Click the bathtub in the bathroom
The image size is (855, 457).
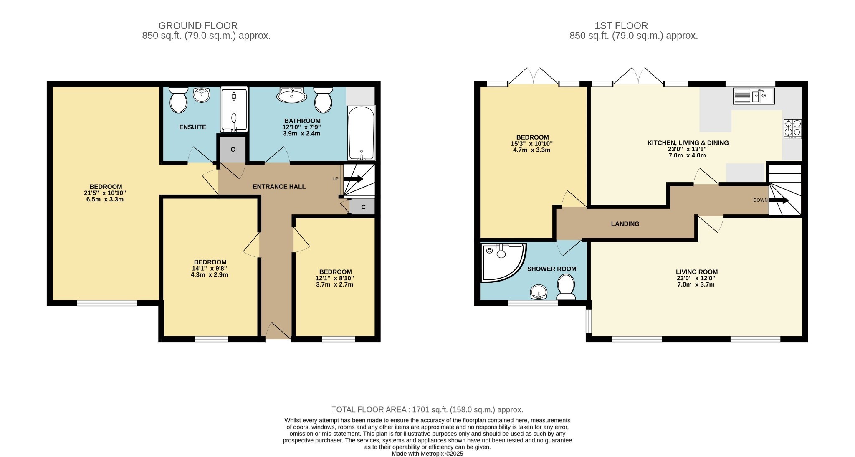coord(361,133)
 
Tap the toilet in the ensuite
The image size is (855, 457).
coord(179,99)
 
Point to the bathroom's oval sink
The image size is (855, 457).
coord(291,95)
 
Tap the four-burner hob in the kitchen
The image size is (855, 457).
coord(793,129)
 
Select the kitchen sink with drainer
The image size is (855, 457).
coord(754,96)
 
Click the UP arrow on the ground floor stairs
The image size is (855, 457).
coord(353,179)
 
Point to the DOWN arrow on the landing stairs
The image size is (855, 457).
coord(779,200)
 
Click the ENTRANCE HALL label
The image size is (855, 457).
coord(279,187)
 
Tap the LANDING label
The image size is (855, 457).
coord(625,224)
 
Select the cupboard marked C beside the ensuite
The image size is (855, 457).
coord(233,149)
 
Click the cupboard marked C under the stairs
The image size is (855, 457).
coord(363,207)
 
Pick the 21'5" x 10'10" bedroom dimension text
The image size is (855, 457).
coord(105,193)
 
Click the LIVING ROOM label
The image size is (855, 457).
coord(697,272)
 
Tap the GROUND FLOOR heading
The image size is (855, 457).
coord(198,26)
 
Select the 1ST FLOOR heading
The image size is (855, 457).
coord(621,26)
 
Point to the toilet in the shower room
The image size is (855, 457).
coord(567,287)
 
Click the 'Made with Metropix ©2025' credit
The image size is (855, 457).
coord(427,454)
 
